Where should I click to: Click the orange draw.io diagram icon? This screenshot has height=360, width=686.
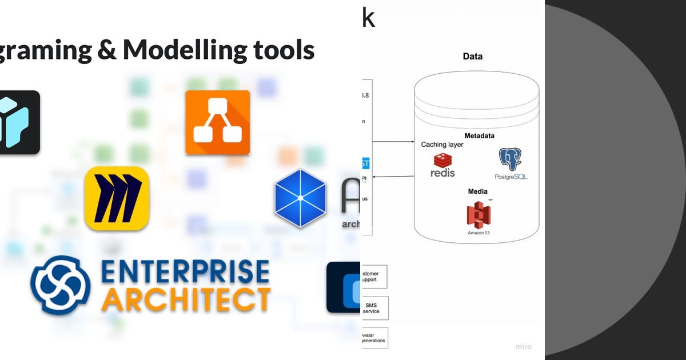click(x=217, y=122)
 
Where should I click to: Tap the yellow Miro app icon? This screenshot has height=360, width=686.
click(x=117, y=198)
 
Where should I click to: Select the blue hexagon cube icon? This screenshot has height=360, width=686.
click(x=300, y=198)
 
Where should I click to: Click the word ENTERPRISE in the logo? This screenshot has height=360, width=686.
click(x=184, y=272)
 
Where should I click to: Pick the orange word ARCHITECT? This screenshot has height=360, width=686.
click(x=185, y=299)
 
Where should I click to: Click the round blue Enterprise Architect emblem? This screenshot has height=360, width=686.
click(x=61, y=285)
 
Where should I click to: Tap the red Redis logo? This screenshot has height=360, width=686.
click(x=442, y=165)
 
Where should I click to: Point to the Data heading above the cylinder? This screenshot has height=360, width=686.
click(x=472, y=57)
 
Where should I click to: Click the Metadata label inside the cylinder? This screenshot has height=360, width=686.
click(x=479, y=136)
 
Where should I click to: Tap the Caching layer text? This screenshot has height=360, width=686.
click(x=442, y=145)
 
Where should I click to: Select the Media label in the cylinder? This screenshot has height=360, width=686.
click(x=477, y=191)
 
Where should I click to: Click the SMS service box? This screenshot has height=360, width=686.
click(x=374, y=308)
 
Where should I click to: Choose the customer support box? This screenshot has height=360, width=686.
click(x=374, y=277)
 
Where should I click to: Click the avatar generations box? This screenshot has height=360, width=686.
click(x=374, y=338)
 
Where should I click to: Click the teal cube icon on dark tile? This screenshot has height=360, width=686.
click(x=14, y=122)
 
